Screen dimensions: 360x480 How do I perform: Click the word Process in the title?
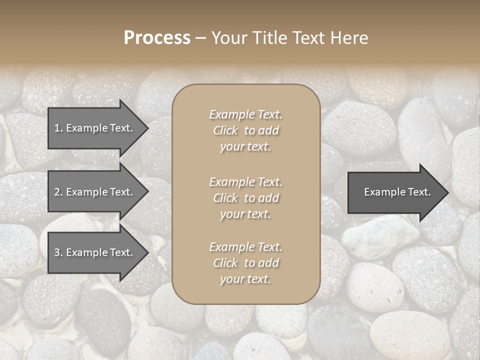click(x=157, y=38)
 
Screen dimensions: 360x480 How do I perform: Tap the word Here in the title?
click(x=349, y=38)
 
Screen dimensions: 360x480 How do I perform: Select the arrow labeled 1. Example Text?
click(x=95, y=128)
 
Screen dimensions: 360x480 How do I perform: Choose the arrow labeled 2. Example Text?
click(x=95, y=192)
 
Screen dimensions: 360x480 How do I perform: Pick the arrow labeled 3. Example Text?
click(x=95, y=252)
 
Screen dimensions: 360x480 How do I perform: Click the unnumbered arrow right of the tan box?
click(x=395, y=192)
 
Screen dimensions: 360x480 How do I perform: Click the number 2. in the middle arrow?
click(x=58, y=192)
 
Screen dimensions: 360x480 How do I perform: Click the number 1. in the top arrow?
click(x=58, y=128)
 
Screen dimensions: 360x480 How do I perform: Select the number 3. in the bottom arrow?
click(x=58, y=252)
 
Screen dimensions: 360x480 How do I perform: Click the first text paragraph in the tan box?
click(x=245, y=130)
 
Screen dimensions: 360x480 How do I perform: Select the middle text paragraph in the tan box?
click(x=245, y=198)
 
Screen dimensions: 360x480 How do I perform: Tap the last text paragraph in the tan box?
click(x=245, y=263)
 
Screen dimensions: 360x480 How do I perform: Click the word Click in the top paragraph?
click(x=225, y=130)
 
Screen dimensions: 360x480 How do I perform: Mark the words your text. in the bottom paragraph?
click(x=245, y=279)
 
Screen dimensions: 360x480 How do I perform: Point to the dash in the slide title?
click(x=200, y=38)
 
